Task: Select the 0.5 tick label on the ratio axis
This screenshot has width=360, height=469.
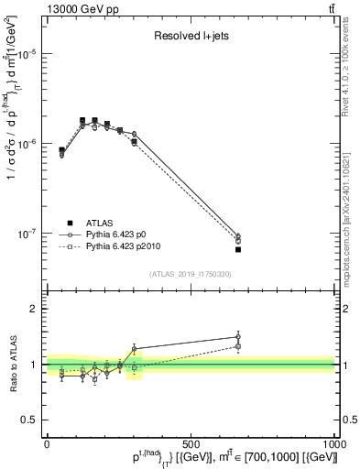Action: (30, 419)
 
